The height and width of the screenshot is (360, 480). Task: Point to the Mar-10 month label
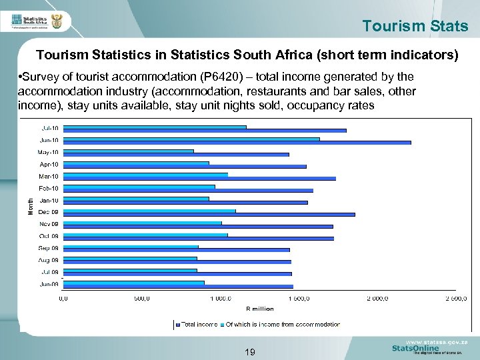[x=49, y=176]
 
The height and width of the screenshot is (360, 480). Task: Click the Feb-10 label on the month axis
[x=49, y=188]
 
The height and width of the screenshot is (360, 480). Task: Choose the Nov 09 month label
[x=49, y=224]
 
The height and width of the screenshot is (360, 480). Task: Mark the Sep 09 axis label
[x=49, y=248]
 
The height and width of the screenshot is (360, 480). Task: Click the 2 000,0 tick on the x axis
[x=379, y=298]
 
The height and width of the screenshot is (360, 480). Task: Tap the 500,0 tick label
[x=141, y=298]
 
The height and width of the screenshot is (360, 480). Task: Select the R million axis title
[x=259, y=309]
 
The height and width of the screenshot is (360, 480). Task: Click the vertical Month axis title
[x=30, y=204]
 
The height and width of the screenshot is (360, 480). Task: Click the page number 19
[x=250, y=351]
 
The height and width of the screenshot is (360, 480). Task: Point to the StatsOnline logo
[x=416, y=348]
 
